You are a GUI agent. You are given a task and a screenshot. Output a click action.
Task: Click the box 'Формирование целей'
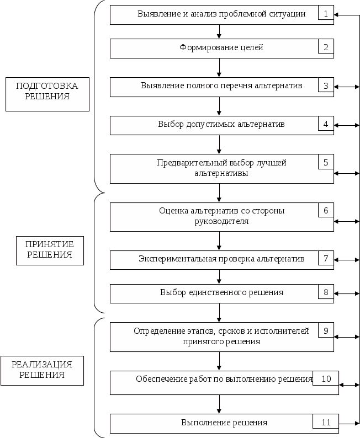coord(221,48)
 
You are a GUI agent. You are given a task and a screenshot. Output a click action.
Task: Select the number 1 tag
coord(326,13)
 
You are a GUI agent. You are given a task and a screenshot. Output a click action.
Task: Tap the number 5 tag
coord(326,162)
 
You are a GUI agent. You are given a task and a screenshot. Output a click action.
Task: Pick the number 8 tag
coord(326,292)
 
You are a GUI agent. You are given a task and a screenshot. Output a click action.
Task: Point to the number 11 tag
coord(326,422)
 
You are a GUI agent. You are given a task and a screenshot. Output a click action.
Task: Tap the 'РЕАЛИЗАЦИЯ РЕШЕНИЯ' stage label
coord(42,370)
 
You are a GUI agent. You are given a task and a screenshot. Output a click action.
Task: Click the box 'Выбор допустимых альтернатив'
coord(221,125)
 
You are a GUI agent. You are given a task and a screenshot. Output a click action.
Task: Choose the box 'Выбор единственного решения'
coord(221,292)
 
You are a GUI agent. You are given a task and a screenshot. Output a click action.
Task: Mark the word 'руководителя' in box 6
coord(221,222)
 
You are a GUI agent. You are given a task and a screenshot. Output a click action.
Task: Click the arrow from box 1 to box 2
coord(220,31)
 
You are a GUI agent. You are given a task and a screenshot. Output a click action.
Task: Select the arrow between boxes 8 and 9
coord(220,312)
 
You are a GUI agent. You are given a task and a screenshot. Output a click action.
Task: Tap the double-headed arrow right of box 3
coord(347,87)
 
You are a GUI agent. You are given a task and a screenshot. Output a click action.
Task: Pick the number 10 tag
coord(326,378)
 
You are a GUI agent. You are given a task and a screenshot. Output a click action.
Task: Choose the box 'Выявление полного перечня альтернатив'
coord(221,87)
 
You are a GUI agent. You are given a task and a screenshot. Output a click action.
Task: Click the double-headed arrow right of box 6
coord(347,222)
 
